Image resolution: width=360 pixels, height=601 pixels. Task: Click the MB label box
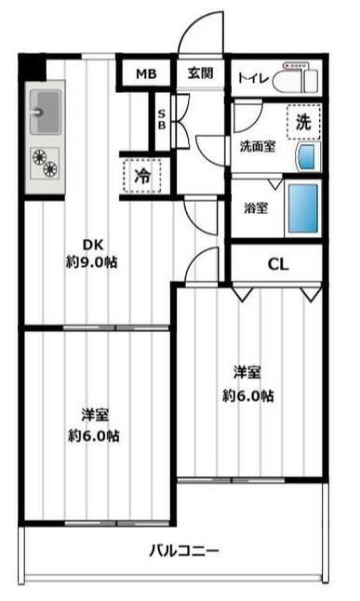145,74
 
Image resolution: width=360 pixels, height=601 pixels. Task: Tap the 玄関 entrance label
199,74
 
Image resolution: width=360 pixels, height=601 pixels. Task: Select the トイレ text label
254,78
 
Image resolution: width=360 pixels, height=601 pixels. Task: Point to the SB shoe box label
161,121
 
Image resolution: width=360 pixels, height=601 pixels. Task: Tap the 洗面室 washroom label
256,145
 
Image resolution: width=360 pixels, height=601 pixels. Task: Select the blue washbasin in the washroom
304,154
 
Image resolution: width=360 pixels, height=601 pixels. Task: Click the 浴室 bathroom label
256,207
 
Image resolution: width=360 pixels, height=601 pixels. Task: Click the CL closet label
278,263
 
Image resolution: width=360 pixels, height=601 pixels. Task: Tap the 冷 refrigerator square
141,174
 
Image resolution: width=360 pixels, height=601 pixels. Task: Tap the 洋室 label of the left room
93,414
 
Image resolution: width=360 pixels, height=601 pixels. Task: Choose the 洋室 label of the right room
247,373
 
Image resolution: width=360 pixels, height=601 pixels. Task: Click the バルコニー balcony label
183,549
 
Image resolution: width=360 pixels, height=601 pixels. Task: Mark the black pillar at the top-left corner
32,68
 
